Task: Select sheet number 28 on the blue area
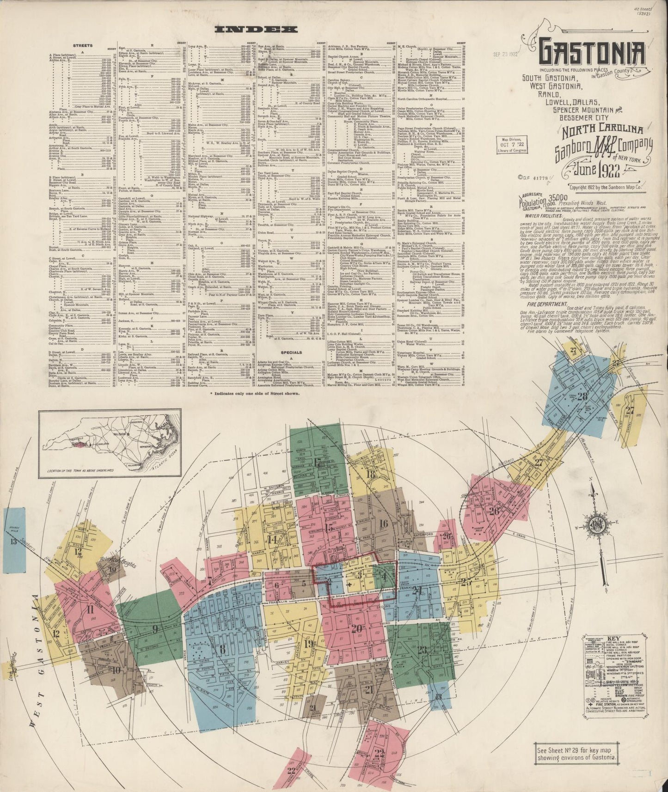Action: tap(582, 396)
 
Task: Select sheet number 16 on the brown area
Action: tap(383, 523)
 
